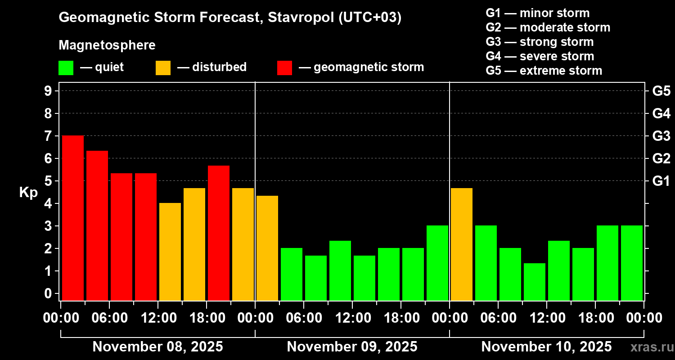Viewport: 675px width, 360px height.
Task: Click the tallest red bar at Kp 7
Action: coord(73,218)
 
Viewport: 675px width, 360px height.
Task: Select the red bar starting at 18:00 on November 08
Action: coord(219,233)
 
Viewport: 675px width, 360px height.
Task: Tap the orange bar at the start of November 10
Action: coord(462,244)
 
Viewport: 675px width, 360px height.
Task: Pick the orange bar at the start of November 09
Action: coord(267,248)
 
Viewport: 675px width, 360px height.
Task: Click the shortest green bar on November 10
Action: coord(535,282)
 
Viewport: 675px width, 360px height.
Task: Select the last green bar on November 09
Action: coord(437,263)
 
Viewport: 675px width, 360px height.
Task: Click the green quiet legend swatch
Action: coord(66,68)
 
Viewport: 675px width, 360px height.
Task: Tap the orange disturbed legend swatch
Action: coord(163,68)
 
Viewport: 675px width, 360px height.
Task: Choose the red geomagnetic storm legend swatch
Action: coord(284,68)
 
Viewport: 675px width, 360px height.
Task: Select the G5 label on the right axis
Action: coord(661,91)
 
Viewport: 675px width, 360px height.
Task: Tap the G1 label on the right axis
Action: coord(661,181)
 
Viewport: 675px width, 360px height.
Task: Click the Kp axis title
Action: coord(28,192)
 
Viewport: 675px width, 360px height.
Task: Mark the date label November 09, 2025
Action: coord(352,347)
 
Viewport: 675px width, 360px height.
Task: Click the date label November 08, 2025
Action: coord(157,347)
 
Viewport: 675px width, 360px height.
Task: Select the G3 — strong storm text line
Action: coord(540,42)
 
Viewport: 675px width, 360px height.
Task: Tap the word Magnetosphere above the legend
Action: coord(107,45)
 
